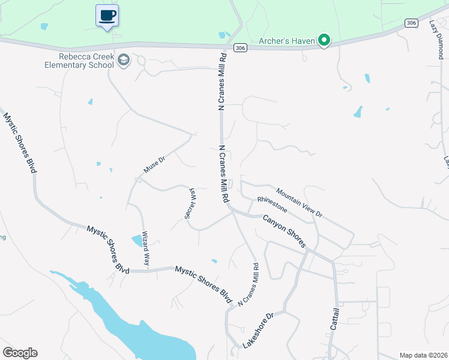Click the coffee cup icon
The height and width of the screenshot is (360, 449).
coord(107,15)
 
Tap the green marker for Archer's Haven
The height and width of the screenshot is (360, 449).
coord(324,41)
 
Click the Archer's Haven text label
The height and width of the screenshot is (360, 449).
coord(286,41)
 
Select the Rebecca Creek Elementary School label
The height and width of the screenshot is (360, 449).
coord(78,61)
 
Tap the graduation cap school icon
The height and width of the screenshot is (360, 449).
coord(124,59)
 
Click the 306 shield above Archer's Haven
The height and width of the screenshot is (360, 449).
coord(411,23)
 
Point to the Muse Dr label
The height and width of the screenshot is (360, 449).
coord(154,162)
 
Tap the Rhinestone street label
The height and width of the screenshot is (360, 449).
coord(272,204)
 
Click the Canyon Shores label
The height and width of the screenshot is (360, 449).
coord(285,230)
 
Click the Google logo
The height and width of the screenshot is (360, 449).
coord(20,353)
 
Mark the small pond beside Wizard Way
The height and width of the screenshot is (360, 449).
coord(137,241)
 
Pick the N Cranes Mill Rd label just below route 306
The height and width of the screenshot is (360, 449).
coord(221,81)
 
